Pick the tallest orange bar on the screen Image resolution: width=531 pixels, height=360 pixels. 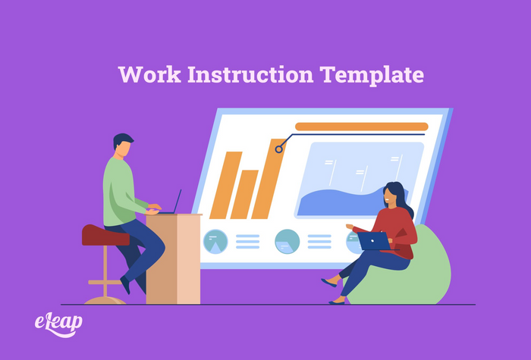click(268, 179)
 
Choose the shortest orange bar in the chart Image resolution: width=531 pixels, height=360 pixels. click(244, 194)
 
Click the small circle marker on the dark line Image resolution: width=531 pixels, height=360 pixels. click(279, 149)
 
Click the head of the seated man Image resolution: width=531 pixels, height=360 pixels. click(123, 146)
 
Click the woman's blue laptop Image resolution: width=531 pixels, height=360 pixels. click(374, 240)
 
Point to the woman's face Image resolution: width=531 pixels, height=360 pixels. click(390, 196)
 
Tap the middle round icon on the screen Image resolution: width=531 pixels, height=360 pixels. click(287, 241)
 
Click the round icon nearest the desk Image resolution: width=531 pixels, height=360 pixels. click(215, 241)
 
